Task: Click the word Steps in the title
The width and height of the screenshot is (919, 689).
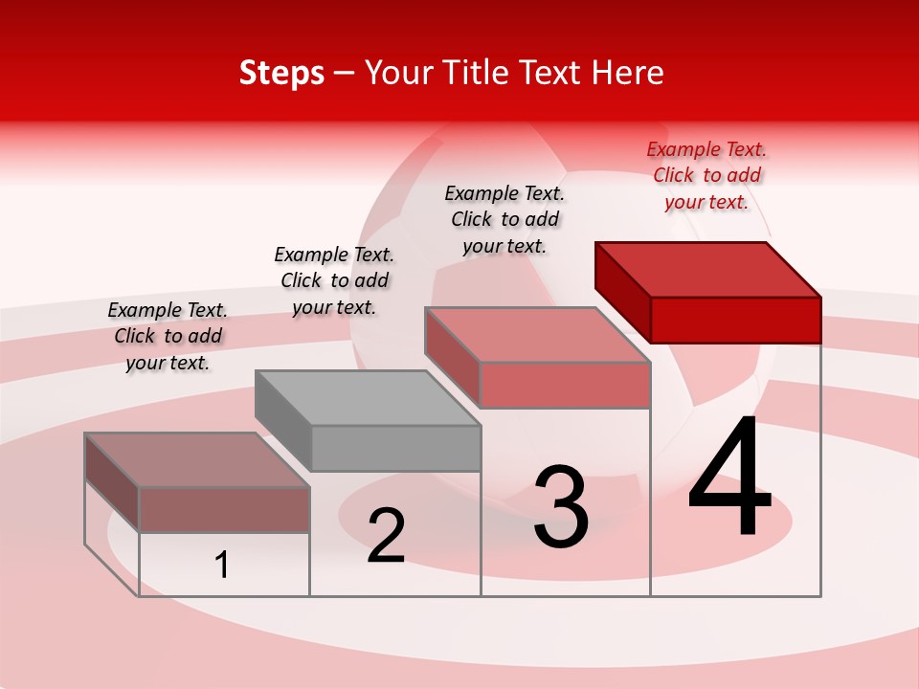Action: [x=281, y=73]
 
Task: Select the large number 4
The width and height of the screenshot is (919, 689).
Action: [x=729, y=478]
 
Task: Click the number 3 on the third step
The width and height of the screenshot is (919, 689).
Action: [x=561, y=507]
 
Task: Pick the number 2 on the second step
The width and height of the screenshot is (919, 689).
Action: [x=386, y=536]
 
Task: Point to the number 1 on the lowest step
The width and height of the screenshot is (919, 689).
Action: [x=222, y=566]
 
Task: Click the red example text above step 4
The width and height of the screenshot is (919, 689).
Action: [x=706, y=176]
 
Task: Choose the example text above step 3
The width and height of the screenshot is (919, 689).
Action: [x=504, y=219]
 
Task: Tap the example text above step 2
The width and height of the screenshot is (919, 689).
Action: [x=334, y=280]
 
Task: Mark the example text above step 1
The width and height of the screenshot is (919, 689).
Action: [x=168, y=336]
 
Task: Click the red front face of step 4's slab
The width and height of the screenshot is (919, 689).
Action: [x=735, y=320]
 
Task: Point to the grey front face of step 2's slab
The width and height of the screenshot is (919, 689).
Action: [x=395, y=449]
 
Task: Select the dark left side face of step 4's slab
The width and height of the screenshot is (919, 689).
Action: [x=622, y=287]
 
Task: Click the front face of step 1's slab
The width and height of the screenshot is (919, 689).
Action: [x=224, y=510]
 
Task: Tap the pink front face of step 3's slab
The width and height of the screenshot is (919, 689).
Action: [x=565, y=386]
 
